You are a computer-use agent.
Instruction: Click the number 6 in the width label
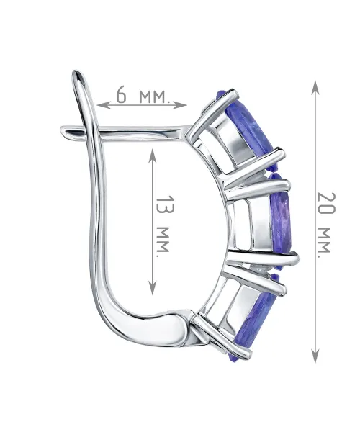tap(122, 94)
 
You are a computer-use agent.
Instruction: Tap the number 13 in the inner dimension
tap(166, 204)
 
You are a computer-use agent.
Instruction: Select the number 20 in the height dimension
tap(326, 203)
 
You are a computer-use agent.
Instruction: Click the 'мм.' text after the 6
tap(153, 96)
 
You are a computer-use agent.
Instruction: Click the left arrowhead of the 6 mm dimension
tap(103, 105)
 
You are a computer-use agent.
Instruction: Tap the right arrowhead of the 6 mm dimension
tap(181, 105)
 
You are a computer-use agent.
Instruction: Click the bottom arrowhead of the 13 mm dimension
tap(153, 287)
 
